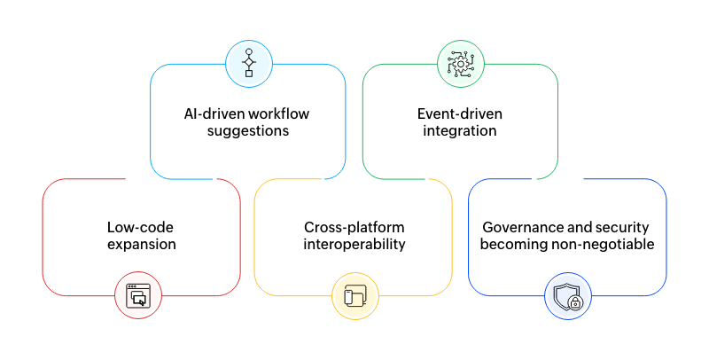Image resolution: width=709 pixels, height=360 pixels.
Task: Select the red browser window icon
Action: tap(138, 295)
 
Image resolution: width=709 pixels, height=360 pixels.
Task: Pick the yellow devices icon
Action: tap(354, 295)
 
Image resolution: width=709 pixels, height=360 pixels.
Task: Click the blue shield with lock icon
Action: tap(567, 295)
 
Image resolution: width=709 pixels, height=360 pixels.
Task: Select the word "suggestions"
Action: tap(248, 131)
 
